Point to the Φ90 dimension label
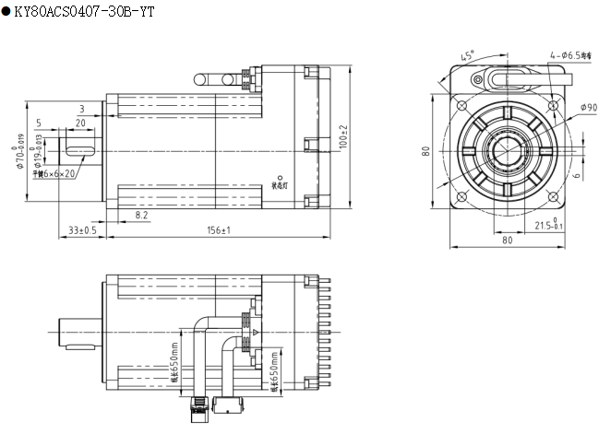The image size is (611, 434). tap(588, 107)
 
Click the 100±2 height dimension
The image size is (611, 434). tap(343, 139)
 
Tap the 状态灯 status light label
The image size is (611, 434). tap(281, 183)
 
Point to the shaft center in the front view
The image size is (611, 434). tap(508, 148)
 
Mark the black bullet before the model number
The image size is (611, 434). tap(6, 10)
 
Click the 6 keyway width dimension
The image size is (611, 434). tap(577, 174)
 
